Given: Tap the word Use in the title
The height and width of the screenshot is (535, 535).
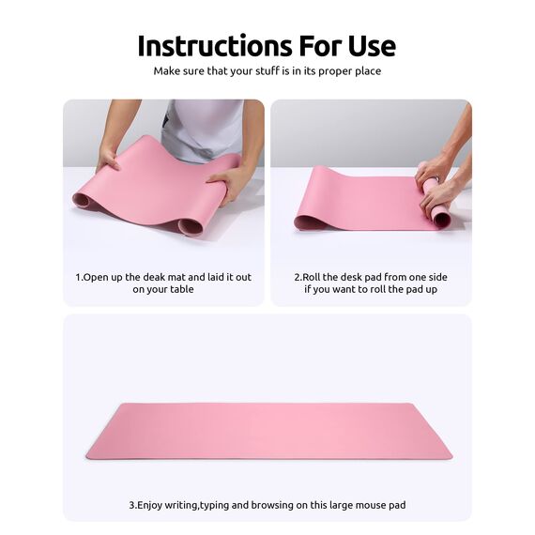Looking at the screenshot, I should tap(369, 45).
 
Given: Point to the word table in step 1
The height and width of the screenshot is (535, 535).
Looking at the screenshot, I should tap(179, 290).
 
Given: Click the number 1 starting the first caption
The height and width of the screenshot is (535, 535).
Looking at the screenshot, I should tap(78, 277).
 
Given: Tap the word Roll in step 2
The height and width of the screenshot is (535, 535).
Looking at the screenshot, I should tap(312, 277).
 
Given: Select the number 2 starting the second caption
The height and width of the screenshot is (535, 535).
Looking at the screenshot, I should tap(298, 277).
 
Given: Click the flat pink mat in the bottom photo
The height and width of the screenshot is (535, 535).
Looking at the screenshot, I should tap(268, 431).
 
